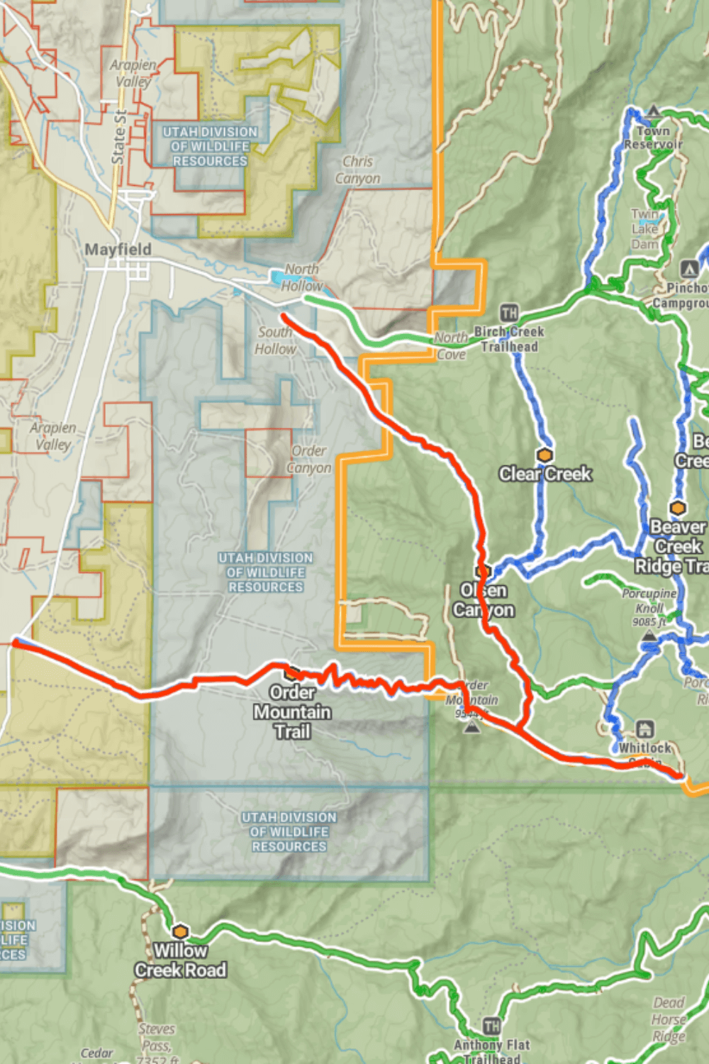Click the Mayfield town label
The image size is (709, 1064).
[118, 250]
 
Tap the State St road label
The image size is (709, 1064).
[119, 137]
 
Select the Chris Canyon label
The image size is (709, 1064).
[357, 170]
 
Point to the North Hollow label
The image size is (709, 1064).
[301, 277]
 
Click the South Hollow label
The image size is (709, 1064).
[275, 340]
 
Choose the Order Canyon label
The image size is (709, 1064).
[309, 459]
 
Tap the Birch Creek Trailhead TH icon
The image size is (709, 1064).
[509, 313]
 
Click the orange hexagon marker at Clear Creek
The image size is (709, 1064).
[545, 455]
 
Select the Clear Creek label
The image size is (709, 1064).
[545, 474]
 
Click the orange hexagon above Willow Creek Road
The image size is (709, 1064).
[181, 931]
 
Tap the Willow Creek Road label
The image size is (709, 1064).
[181, 960]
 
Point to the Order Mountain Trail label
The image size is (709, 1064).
[292, 712]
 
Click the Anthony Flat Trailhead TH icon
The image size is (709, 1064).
[492, 1026]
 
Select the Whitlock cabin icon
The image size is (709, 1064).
[644, 729]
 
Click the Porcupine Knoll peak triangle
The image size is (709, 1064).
[649, 636]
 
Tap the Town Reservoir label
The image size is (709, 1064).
[653, 138]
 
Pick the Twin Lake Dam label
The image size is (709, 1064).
[645, 229]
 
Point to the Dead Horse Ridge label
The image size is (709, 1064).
[669, 1019]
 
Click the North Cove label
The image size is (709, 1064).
[451, 345]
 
